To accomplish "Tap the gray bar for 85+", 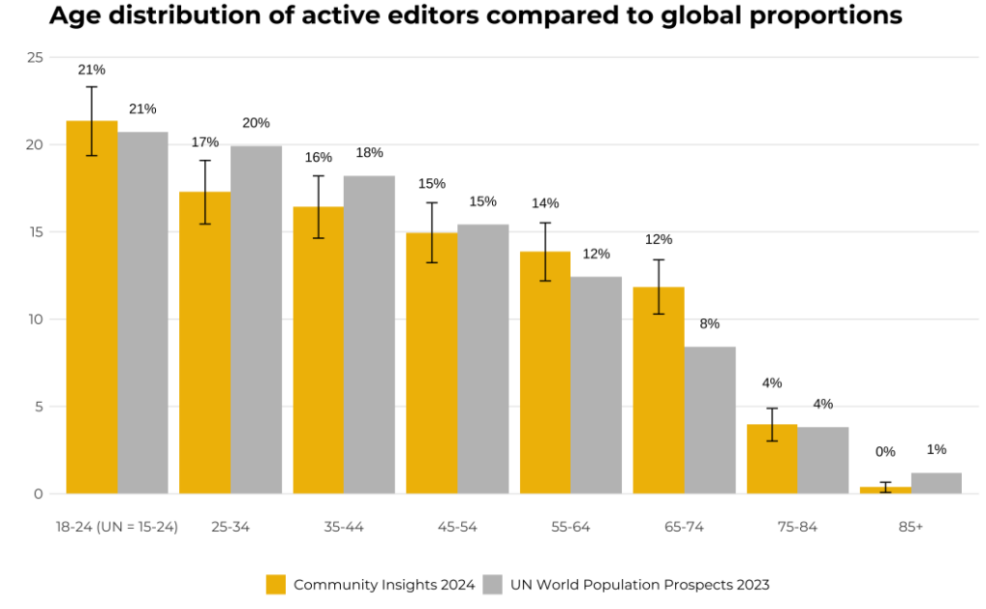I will (937, 483).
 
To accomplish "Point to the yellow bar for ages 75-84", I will (772, 459).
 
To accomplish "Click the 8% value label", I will (710, 324).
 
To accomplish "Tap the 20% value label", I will (256, 122).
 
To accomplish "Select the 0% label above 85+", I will (885, 451).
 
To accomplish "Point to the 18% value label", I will (370, 152).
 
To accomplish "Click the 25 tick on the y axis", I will (36, 58).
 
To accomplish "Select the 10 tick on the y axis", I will (36, 319).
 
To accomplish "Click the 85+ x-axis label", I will (910, 527).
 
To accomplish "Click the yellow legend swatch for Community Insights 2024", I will (276, 585).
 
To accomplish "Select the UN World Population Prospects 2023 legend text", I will (639, 585).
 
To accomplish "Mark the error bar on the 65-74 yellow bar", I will (659, 286).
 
